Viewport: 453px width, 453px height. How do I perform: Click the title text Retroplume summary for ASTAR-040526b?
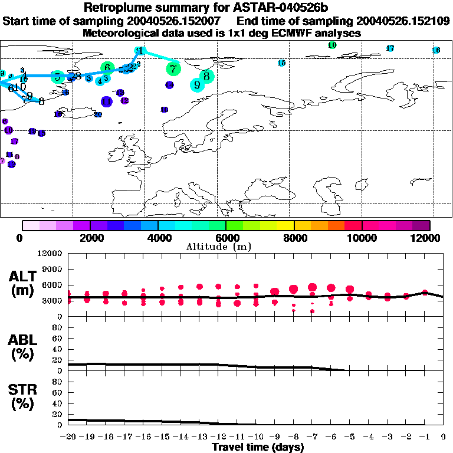(x=226, y=8)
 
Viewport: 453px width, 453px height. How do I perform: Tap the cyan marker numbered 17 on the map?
(x=390, y=48)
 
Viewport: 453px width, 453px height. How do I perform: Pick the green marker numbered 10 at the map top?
(x=332, y=45)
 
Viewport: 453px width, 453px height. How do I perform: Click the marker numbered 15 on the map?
(x=281, y=63)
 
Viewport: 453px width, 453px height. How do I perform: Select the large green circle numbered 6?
(x=107, y=68)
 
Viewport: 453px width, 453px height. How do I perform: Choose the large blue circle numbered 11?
(x=106, y=101)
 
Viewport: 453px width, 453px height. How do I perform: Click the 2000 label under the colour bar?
(x=90, y=238)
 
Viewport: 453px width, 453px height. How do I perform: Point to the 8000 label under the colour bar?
(x=294, y=238)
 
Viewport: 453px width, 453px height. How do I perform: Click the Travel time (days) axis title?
(x=258, y=448)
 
